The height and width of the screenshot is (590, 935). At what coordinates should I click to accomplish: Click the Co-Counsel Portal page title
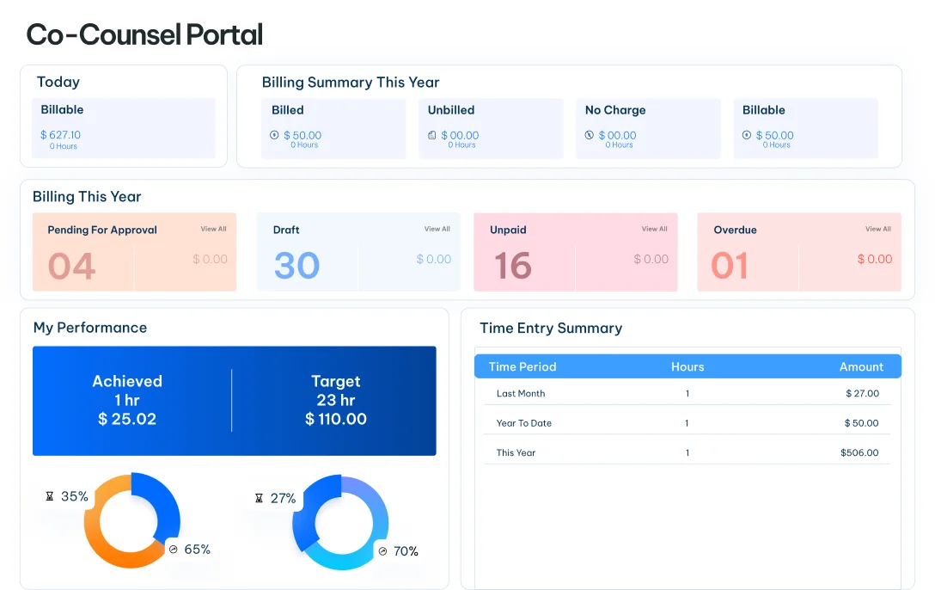(144, 34)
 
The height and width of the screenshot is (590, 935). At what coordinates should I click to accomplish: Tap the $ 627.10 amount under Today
(60, 135)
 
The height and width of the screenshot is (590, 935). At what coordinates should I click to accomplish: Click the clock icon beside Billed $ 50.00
(274, 135)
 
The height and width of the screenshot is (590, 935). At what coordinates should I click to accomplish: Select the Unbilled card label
(451, 110)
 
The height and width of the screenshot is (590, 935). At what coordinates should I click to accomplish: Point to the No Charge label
(615, 110)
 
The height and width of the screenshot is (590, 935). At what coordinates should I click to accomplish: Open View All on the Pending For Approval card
(213, 229)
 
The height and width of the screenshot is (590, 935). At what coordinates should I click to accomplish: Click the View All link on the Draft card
(437, 229)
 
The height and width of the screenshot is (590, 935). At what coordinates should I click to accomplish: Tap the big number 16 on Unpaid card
(513, 266)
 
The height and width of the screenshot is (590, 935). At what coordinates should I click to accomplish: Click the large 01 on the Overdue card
(730, 266)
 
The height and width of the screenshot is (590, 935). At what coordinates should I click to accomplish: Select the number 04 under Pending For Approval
(71, 266)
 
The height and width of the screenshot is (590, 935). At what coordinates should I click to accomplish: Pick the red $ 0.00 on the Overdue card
(875, 259)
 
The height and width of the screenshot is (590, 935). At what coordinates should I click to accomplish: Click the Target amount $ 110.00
(336, 419)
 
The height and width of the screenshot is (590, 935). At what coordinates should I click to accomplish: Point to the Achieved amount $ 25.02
(127, 419)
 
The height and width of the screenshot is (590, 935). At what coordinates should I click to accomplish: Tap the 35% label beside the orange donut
(75, 496)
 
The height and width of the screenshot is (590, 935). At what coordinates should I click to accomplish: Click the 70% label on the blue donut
(406, 551)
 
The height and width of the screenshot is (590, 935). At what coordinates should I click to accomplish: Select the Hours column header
(687, 367)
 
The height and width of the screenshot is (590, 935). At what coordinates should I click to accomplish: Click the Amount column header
(861, 367)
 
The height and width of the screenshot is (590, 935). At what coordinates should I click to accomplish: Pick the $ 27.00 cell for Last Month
(862, 393)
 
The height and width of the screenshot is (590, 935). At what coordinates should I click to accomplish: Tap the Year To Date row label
(524, 423)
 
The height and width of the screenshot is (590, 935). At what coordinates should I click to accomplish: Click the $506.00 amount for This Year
(859, 452)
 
